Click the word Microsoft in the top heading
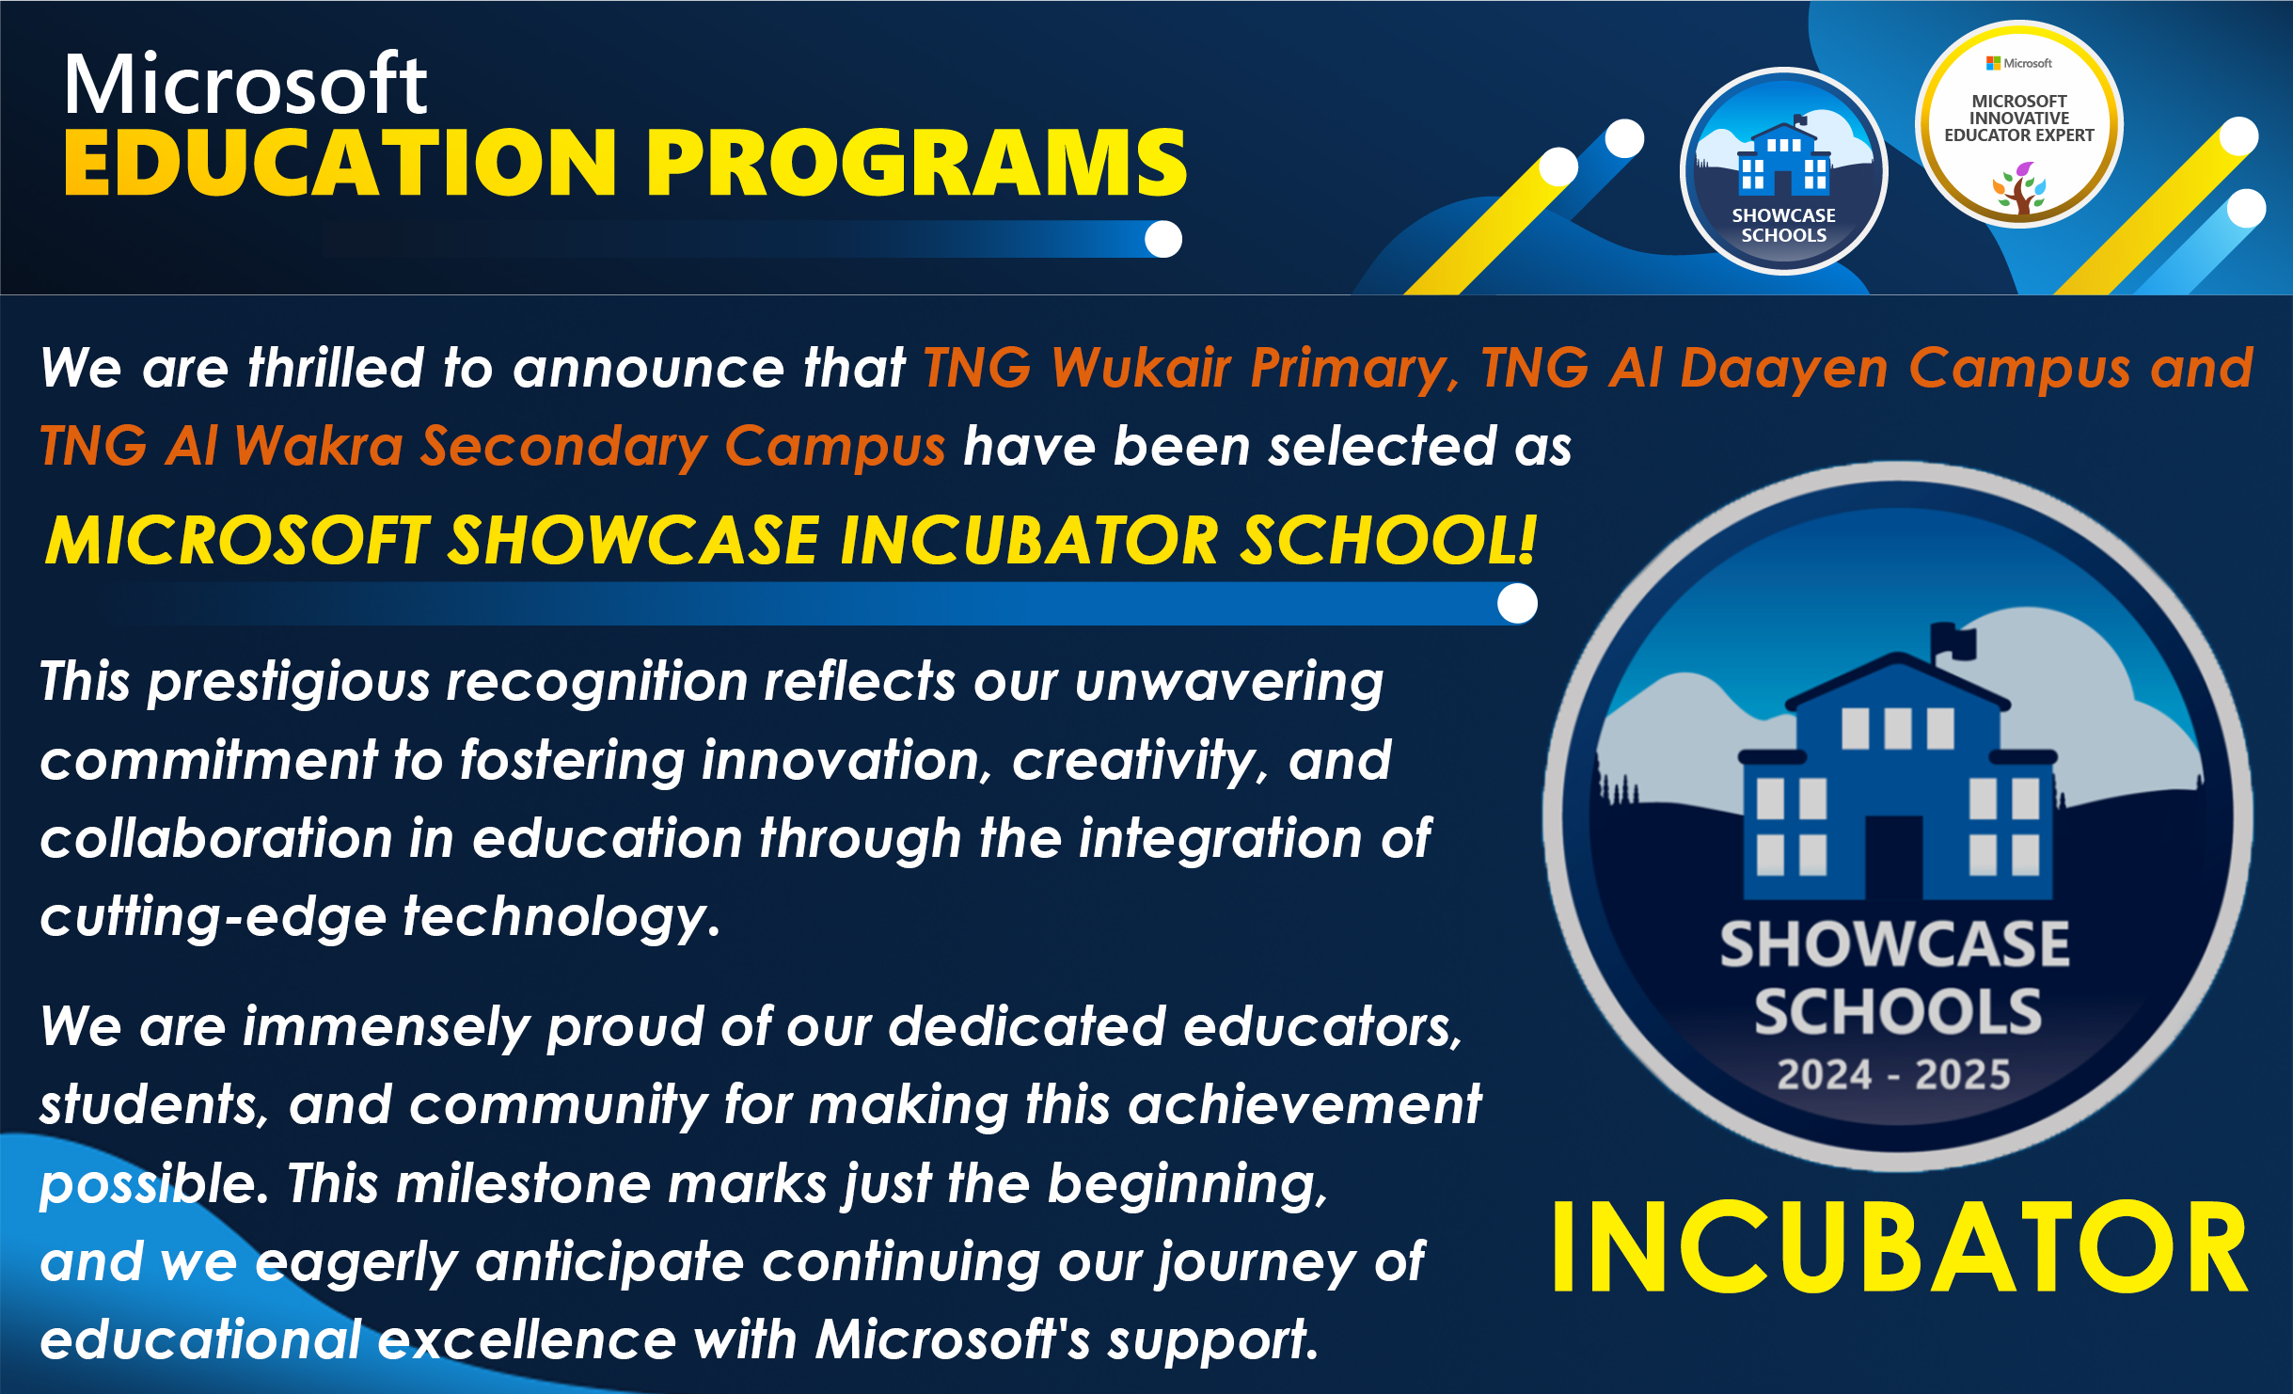tap(245, 84)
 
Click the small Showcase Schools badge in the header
tap(1783, 171)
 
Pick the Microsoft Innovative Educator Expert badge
tap(2019, 124)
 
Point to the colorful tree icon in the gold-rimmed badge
tap(2019, 188)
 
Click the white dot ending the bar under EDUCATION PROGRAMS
tap(1163, 239)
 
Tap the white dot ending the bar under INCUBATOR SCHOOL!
tap(1517, 603)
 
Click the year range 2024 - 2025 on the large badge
tap(1893, 1074)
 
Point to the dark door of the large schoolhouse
tap(1894, 857)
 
